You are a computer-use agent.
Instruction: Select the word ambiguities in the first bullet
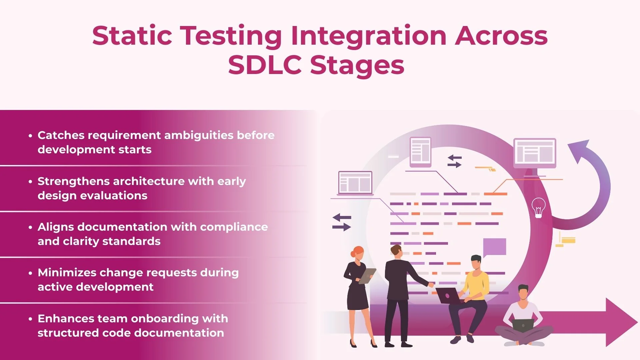(199, 135)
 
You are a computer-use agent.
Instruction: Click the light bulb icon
(538, 207)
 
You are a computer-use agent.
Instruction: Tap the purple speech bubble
(494, 247)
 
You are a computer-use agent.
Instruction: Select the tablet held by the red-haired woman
(367, 276)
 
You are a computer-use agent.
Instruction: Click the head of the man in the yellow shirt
(476, 263)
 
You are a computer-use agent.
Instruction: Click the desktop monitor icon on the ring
(535, 152)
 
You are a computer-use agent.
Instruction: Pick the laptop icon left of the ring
(355, 183)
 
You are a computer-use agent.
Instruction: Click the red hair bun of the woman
(353, 254)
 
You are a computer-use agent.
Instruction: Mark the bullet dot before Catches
(30, 136)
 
